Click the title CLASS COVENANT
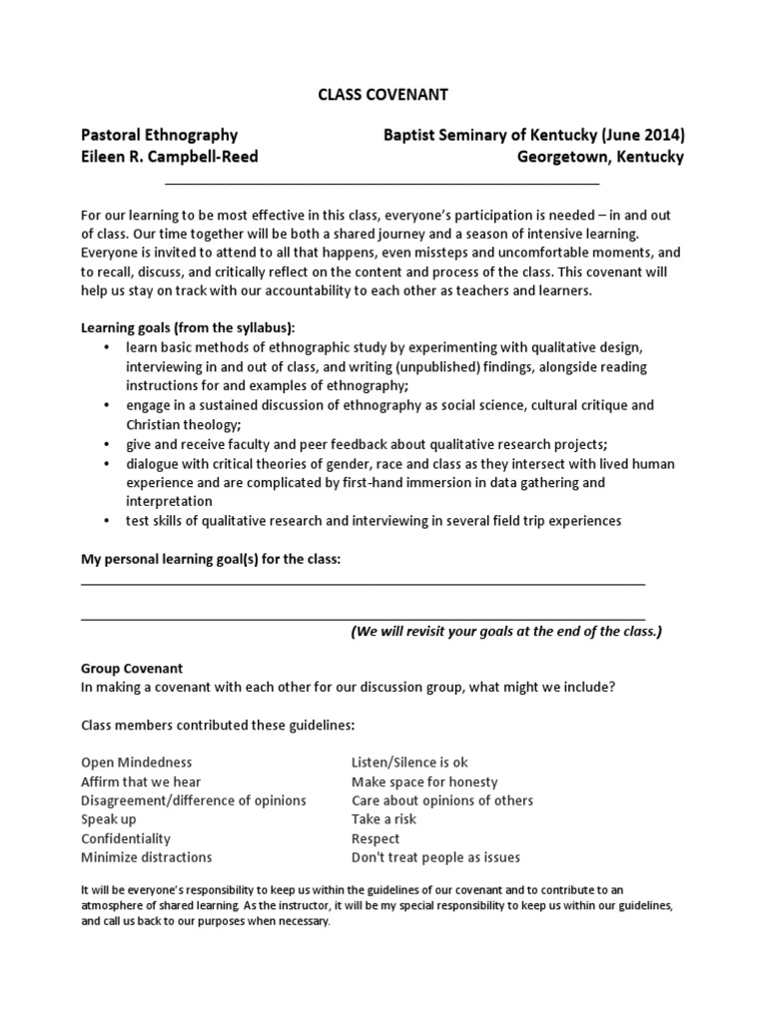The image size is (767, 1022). coord(383,95)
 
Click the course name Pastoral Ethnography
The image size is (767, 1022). coord(159,135)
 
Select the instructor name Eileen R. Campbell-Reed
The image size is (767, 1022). coord(170,158)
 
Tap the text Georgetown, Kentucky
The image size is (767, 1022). coord(600,158)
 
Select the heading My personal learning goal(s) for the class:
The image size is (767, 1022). coord(211,559)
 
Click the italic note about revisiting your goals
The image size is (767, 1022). coord(505,632)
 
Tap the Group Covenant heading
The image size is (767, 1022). coord(132,669)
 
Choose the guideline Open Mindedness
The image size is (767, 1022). coord(137,763)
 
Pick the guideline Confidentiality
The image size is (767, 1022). coord(126,838)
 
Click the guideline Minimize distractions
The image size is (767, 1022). coord(147,857)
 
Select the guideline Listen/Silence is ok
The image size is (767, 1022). coord(409,763)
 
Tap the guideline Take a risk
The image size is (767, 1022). coord(383,819)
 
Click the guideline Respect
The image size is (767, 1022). coord(376,838)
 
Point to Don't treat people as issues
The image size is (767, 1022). coord(435,857)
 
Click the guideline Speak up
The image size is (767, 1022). coord(109,819)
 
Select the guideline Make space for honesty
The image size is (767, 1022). coord(424,781)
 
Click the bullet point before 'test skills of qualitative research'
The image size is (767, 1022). coord(107,521)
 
